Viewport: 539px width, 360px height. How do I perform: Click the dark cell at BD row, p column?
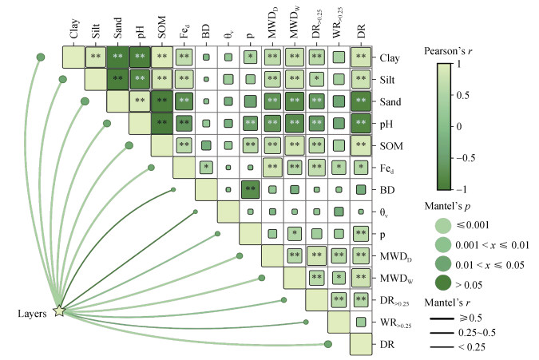coord(251,191)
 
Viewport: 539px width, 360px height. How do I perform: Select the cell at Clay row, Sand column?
coord(118,57)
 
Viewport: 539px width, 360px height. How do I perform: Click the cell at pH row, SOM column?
coord(162,124)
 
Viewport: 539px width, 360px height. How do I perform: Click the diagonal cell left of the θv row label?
coord(228,212)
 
